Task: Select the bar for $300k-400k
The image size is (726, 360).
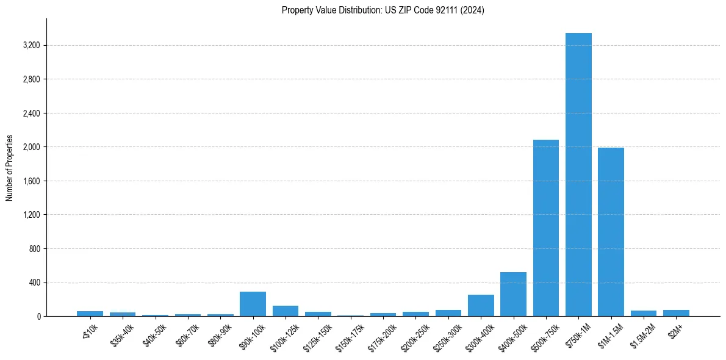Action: (x=481, y=306)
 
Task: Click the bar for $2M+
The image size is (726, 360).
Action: (x=676, y=313)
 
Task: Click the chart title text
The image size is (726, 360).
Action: (x=383, y=10)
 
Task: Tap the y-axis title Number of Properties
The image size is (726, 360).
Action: (x=10, y=168)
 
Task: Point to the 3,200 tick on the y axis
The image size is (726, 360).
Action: (x=31, y=46)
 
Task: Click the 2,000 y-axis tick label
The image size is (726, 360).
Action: (x=31, y=147)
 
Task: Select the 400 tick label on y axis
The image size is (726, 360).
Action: (x=34, y=283)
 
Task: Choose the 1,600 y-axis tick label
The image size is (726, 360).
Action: (x=31, y=181)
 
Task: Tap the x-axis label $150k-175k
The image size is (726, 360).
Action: (x=350, y=338)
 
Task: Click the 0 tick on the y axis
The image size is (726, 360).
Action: (x=38, y=317)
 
